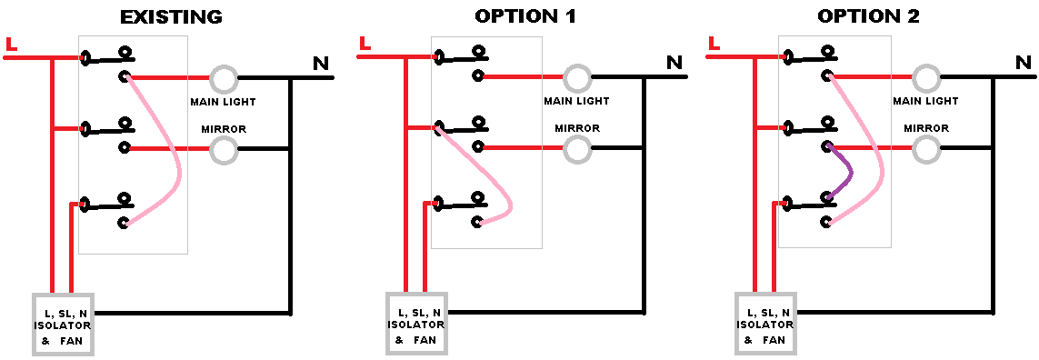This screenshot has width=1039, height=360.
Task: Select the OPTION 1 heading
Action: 524,16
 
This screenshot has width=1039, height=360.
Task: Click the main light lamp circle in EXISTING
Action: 223,78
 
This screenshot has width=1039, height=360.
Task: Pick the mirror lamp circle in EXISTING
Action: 223,150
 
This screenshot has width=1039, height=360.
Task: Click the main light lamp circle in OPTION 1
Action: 576,78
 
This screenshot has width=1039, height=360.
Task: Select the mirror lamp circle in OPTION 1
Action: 576,150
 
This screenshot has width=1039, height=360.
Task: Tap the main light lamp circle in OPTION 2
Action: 925,78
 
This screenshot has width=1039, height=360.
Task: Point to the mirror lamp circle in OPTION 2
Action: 925,150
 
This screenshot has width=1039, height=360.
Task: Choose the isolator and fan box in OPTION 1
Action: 416,325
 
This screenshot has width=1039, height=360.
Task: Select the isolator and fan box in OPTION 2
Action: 765,325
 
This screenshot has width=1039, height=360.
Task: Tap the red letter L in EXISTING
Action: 11,44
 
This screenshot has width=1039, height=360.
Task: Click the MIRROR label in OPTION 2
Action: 926,129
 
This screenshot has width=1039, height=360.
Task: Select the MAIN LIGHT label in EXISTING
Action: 223,101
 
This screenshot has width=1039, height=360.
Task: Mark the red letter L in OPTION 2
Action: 714,43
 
